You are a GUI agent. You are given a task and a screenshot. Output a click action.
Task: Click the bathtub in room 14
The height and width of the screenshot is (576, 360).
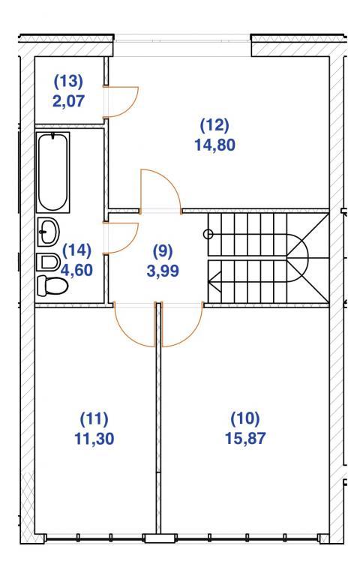[x=53, y=172]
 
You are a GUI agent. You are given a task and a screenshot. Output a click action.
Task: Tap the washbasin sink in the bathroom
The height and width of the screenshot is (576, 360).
[x=48, y=232]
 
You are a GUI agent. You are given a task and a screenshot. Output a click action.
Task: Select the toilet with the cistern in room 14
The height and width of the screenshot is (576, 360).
[x=52, y=286]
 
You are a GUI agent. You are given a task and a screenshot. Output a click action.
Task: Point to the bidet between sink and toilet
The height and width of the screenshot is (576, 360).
[x=48, y=262]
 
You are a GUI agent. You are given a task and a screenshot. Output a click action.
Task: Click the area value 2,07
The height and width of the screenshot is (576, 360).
[x=69, y=100]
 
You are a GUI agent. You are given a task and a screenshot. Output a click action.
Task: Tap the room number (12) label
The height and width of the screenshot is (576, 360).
[x=214, y=125]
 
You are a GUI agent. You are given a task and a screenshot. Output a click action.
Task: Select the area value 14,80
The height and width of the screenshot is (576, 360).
[x=215, y=145]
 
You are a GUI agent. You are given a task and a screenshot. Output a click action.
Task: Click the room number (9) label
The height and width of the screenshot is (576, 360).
[x=163, y=251]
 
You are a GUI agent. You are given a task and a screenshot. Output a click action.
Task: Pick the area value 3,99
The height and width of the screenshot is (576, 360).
[x=163, y=271]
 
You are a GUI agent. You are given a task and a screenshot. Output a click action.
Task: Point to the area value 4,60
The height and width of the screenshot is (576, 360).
[x=76, y=270]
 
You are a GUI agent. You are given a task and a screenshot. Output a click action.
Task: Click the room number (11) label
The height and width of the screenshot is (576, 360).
[x=94, y=418]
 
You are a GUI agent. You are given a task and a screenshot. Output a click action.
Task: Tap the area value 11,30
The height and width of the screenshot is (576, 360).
[x=94, y=439]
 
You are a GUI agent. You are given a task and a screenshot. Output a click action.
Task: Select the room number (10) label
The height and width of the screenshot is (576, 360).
[x=245, y=418]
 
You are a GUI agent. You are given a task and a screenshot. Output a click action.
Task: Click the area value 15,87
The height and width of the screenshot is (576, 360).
[x=245, y=439]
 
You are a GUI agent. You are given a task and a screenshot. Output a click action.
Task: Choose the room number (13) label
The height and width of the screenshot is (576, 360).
[x=69, y=81]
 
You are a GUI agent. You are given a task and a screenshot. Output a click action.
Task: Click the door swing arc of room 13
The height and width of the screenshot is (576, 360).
[x=131, y=108]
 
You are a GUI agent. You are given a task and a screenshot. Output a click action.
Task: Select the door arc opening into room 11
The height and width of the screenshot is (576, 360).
[x=127, y=335]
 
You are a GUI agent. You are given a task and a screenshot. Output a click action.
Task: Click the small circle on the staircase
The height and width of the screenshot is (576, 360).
[x=208, y=233]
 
